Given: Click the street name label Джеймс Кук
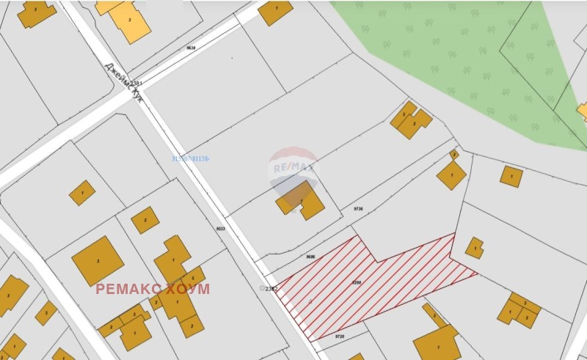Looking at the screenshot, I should [123, 80].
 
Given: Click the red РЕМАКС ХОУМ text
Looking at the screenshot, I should [153, 288].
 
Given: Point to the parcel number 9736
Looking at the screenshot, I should [358, 209].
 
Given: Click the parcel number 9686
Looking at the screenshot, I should [310, 256].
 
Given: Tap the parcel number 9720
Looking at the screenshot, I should [339, 337].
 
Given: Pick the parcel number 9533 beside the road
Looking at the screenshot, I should [220, 228].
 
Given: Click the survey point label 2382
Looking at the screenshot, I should [270, 288].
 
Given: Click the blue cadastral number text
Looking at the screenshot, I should [191, 158].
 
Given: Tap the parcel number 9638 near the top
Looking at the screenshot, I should [192, 48].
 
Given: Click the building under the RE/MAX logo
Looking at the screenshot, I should [301, 199].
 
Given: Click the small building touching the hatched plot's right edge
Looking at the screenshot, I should [475, 248].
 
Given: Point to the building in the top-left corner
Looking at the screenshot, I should [35, 12].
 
